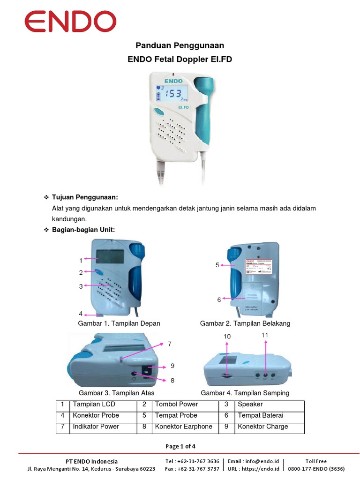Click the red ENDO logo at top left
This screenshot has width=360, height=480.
tap(70, 22)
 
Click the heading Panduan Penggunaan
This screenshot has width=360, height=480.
tap(180, 45)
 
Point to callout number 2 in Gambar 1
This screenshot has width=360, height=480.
tap(81, 272)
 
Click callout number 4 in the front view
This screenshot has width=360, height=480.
tap(81, 314)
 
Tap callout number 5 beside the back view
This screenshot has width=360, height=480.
tap(217, 265)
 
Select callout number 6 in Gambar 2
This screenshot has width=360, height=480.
tap(219, 300)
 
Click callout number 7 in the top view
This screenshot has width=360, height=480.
tap(170, 344)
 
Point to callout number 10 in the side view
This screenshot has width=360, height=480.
tap(227, 337)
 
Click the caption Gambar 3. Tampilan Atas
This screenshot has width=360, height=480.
tap(116, 393)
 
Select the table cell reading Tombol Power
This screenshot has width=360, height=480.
tap(176, 404)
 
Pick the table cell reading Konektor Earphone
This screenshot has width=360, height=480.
tap(183, 427)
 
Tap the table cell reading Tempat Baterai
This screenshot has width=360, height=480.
tap(260, 415)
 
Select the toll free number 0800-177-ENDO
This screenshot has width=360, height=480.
tap(316, 468)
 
